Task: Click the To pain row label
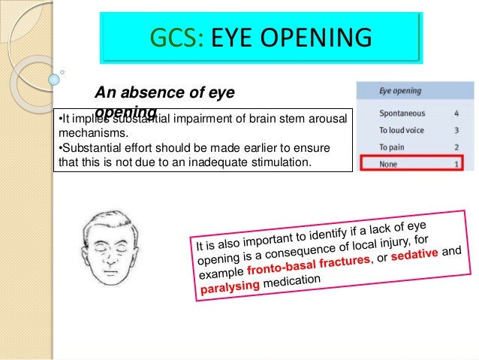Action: (x=392, y=147)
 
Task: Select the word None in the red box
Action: (x=388, y=162)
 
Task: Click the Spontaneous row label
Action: (x=402, y=114)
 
